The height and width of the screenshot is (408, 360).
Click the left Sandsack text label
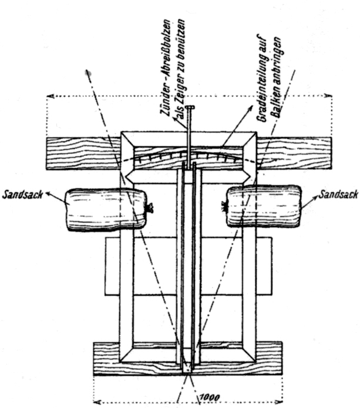pyautogui.click(x=22, y=195)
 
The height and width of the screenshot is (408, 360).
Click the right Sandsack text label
pyautogui.click(x=338, y=195)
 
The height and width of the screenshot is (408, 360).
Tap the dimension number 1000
pyautogui.click(x=210, y=397)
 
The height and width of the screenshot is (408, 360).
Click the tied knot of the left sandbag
pyautogui.click(x=150, y=208)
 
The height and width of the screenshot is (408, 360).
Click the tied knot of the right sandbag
pyautogui.click(x=224, y=207)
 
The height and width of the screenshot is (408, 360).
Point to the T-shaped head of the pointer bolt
pyautogui.click(x=190, y=107)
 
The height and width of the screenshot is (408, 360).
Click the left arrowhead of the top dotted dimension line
pyautogui.click(x=50, y=96)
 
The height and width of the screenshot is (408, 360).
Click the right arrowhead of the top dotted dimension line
pyautogui.click(x=328, y=96)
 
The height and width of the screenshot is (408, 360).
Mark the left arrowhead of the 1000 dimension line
pyautogui.click(x=97, y=402)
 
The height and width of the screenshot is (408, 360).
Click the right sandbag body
pyautogui.click(x=264, y=206)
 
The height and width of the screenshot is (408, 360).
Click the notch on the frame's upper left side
pyautogui.click(x=128, y=176)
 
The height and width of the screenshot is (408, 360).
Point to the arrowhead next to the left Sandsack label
pyautogui.click(x=48, y=193)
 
